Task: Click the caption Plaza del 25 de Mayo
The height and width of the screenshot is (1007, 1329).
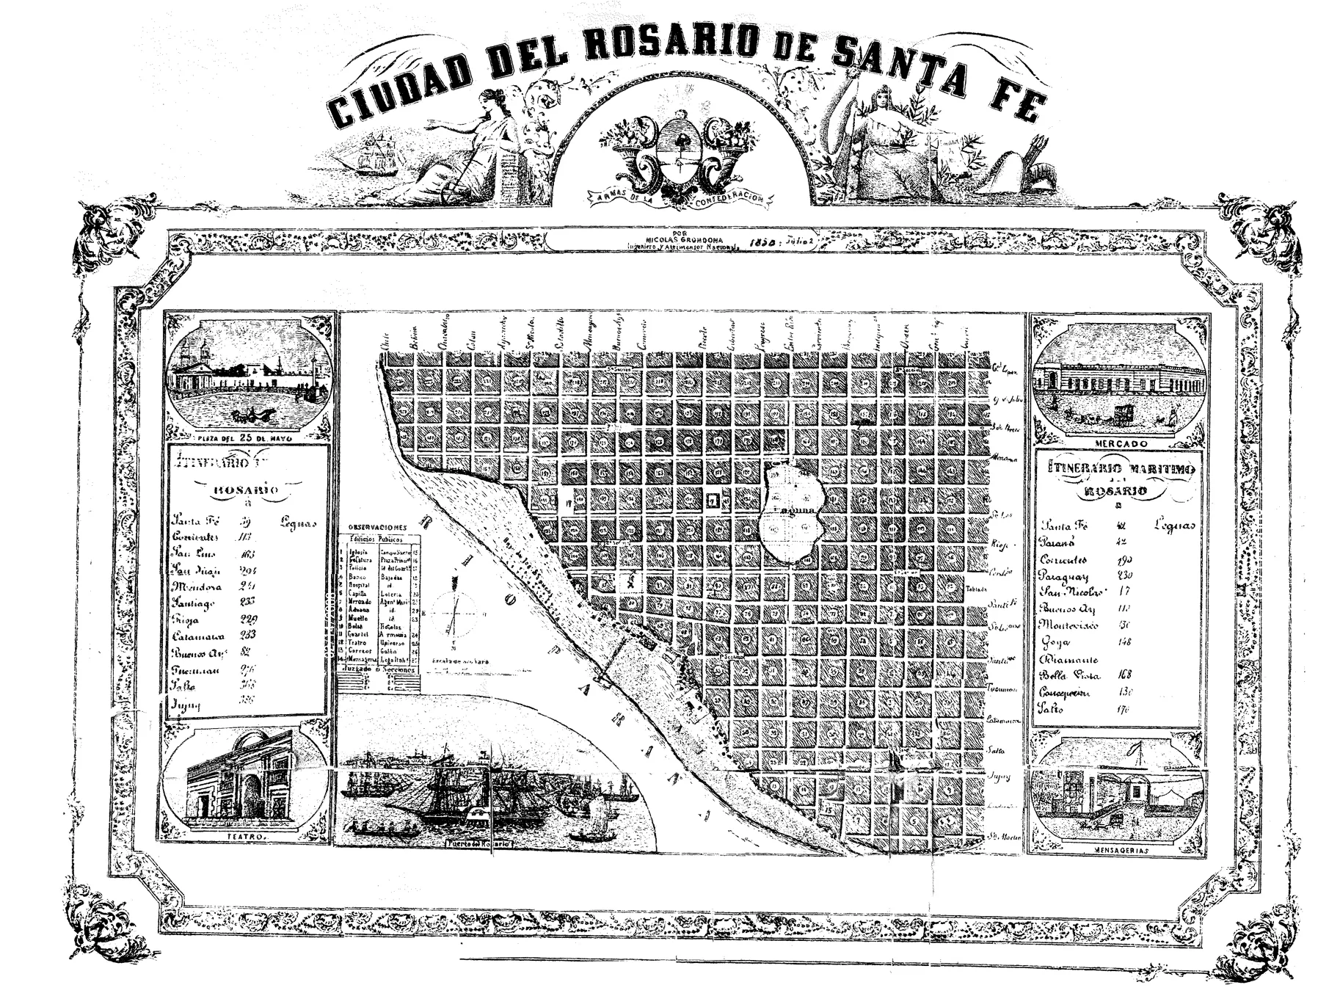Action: coord(245,437)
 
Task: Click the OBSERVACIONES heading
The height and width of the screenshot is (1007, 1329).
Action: coord(377,527)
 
